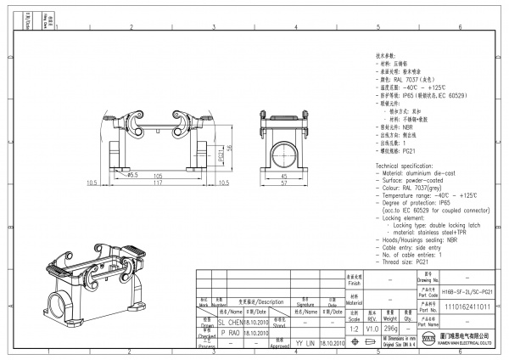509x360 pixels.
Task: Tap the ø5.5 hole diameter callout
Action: [x=133, y=174]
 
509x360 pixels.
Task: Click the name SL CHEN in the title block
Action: [x=231, y=323]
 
